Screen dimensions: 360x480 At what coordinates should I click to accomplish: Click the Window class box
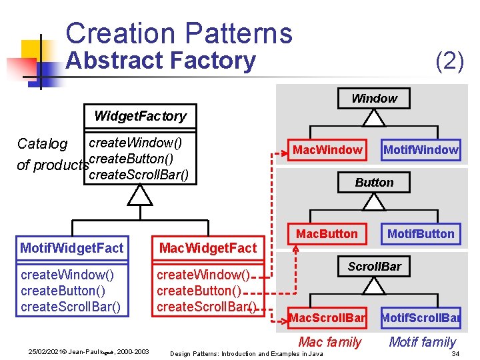tap(374, 99)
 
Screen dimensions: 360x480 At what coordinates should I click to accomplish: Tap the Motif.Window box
tap(421, 150)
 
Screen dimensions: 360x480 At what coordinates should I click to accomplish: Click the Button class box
tap(374, 182)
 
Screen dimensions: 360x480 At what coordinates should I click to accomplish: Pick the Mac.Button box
tap(327, 233)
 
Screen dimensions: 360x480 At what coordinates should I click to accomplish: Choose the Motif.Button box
tap(421, 233)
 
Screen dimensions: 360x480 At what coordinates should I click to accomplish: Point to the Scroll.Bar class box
tap(374, 267)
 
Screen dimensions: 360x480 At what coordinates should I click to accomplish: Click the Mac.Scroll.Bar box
tap(327, 318)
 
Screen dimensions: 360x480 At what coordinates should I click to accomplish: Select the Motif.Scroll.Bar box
tap(421, 318)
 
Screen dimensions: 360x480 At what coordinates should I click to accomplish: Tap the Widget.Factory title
tap(140, 116)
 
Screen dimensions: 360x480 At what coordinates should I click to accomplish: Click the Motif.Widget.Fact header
tap(72, 248)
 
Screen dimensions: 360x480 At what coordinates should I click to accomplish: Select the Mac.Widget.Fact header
tap(207, 248)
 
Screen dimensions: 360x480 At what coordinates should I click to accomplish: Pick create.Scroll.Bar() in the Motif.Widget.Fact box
tap(71, 307)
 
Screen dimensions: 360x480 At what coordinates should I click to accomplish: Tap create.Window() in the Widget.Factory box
tap(135, 142)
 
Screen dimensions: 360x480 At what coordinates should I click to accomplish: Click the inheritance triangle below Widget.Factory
tap(140, 195)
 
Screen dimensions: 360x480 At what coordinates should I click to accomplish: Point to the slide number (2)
tap(449, 61)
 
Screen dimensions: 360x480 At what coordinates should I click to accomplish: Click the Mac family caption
tap(329, 342)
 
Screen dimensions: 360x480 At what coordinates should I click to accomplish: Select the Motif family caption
tap(422, 342)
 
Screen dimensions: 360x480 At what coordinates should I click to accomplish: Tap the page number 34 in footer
tap(455, 353)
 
